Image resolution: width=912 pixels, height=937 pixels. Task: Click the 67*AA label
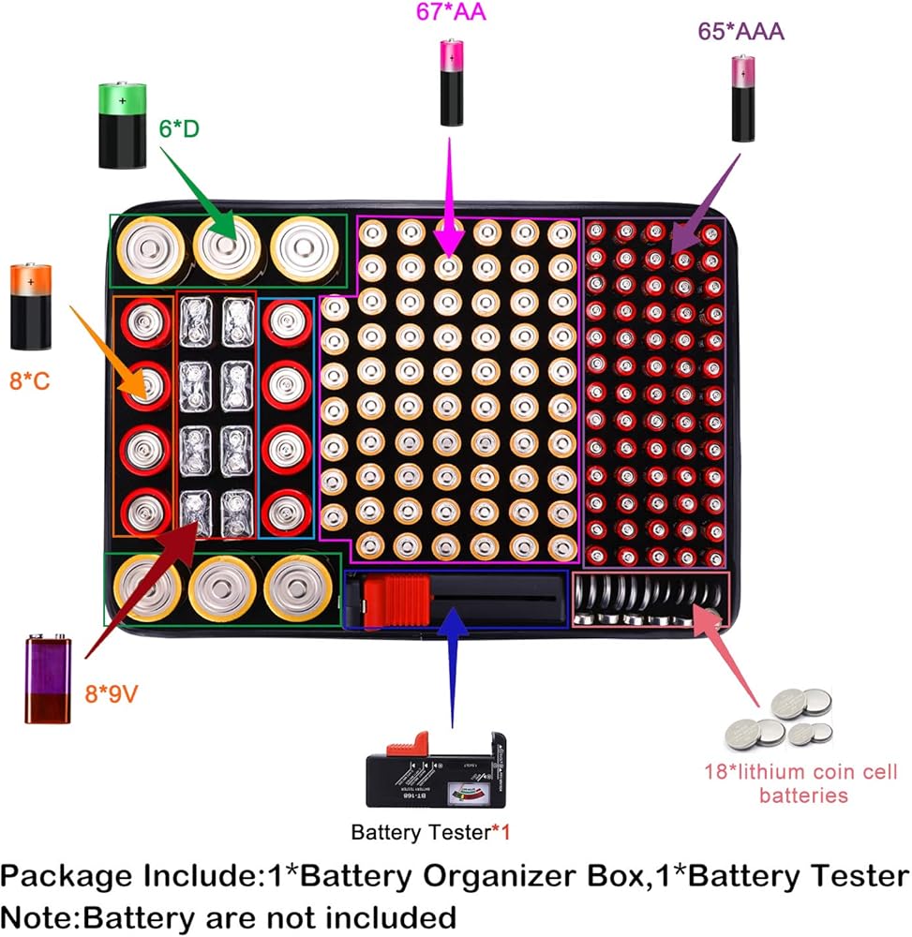(x=451, y=11)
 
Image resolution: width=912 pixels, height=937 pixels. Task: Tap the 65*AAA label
(x=740, y=31)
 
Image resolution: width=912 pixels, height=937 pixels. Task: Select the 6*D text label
(x=179, y=128)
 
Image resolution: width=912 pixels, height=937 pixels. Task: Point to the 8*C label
(x=29, y=380)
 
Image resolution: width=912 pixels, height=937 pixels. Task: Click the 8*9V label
(x=112, y=693)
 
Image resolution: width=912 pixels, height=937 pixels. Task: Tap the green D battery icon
(x=123, y=126)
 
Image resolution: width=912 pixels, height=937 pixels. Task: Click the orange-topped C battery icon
(x=31, y=306)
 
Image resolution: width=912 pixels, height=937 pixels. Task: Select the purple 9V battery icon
(x=48, y=678)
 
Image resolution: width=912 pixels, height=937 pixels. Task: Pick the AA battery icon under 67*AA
(x=452, y=82)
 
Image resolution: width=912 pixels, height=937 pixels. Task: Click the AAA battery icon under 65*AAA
(x=743, y=98)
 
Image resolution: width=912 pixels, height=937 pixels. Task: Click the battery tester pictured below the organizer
(x=436, y=769)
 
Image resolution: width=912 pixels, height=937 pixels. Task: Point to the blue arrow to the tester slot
(x=453, y=667)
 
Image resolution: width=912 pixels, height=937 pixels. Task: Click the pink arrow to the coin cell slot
(x=725, y=655)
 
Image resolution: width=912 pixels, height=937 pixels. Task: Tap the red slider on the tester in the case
(x=396, y=601)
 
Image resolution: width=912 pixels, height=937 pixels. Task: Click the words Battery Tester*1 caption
(x=430, y=832)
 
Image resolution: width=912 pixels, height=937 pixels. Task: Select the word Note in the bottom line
(x=37, y=917)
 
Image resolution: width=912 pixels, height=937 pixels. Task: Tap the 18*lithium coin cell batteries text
(x=800, y=783)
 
